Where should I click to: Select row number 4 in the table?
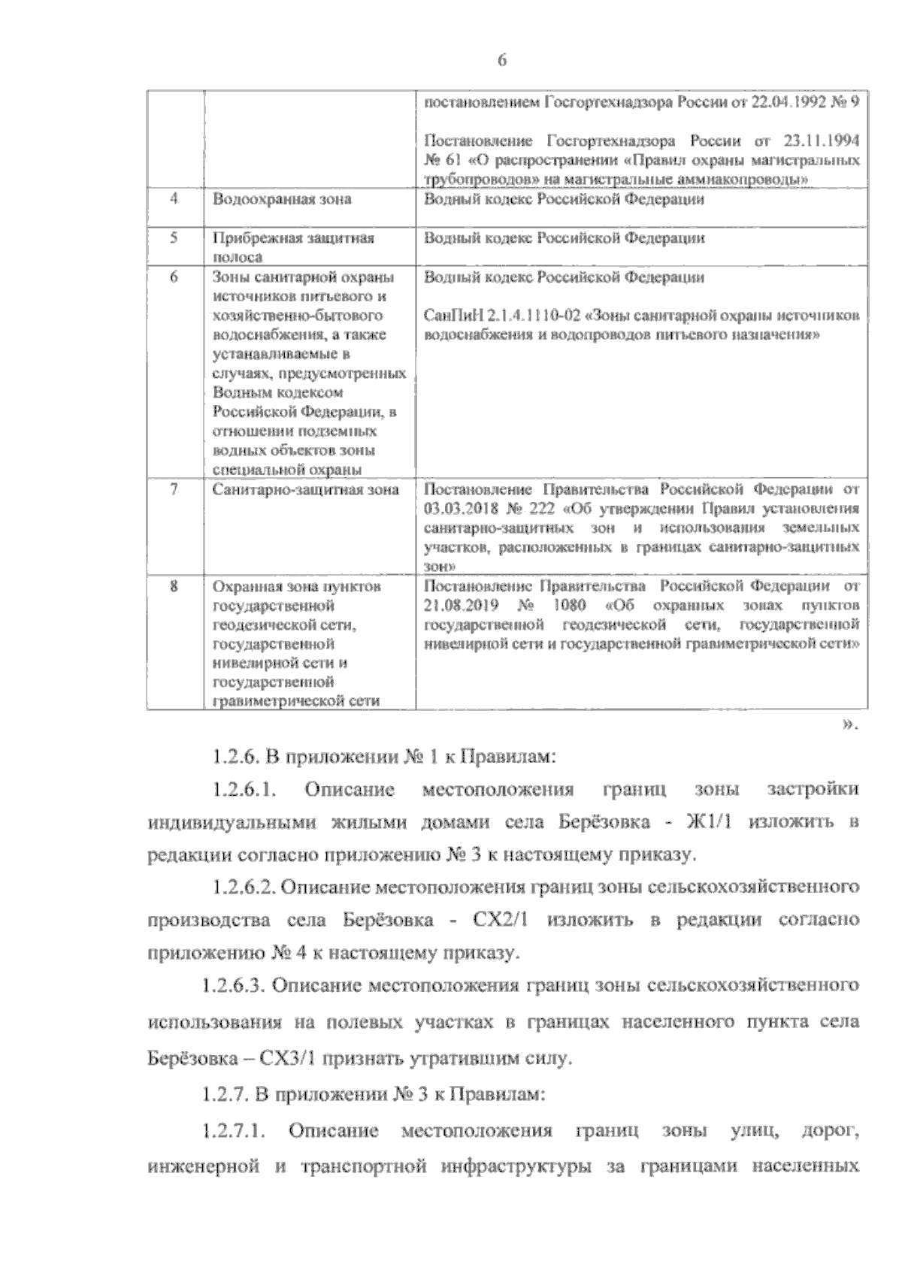click(x=174, y=199)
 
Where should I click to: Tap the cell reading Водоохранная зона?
click(x=282, y=200)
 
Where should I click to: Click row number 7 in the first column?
click(x=174, y=489)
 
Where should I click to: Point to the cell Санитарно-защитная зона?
click(x=306, y=490)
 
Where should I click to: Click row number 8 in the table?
click(x=174, y=585)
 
